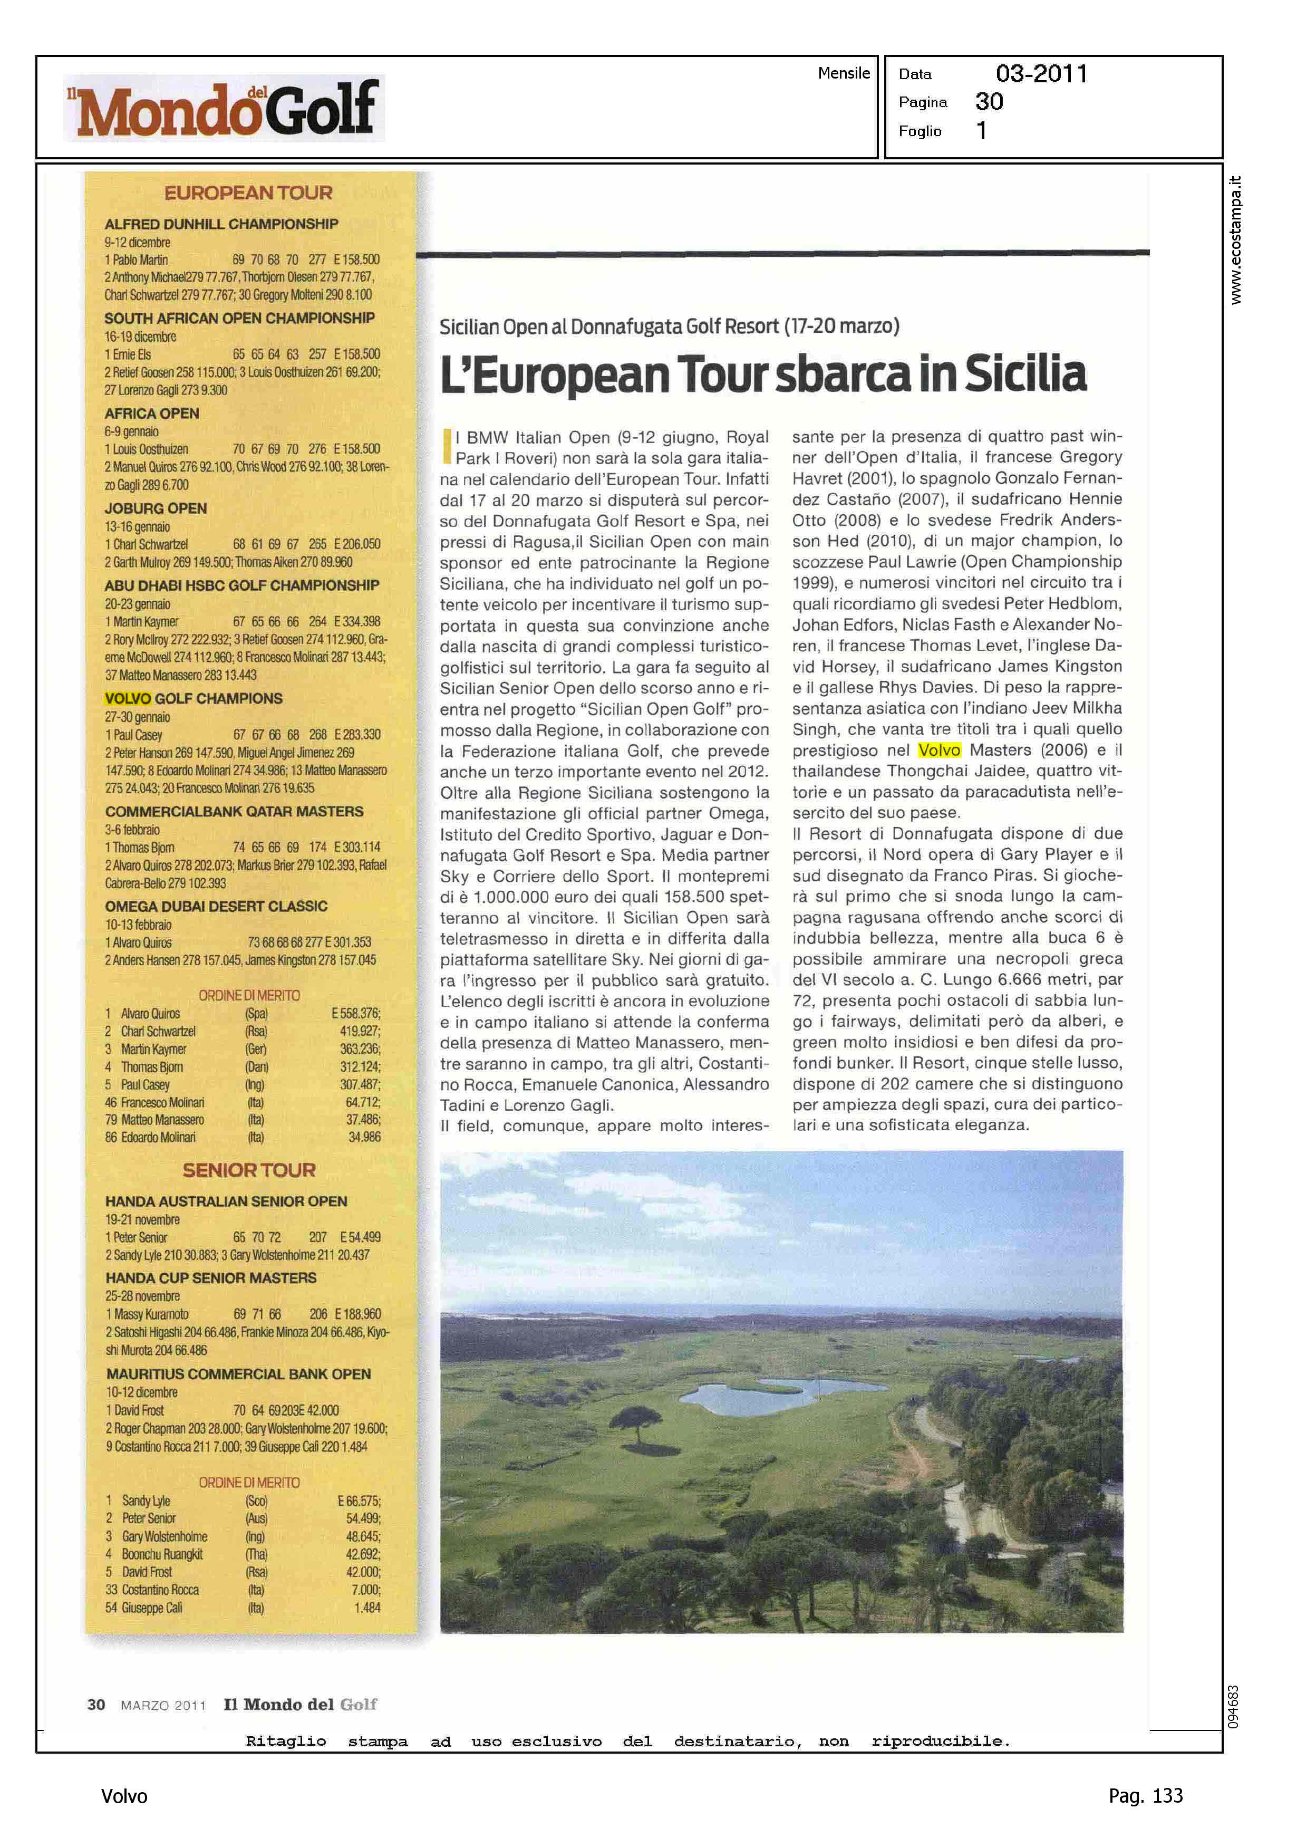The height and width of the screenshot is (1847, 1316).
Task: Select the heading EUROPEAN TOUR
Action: (x=248, y=193)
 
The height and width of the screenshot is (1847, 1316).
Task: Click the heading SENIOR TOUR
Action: (x=249, y=1169)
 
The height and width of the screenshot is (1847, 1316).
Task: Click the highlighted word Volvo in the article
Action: (x=939, y=749)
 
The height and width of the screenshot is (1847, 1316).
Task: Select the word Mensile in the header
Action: (x=844, y=73)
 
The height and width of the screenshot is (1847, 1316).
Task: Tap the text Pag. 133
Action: (x=1145, y=1796)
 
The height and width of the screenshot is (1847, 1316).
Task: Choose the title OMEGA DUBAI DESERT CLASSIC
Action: (x=216, y=906)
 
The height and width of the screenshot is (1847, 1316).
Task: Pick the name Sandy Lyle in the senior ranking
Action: (x=146, y=1500)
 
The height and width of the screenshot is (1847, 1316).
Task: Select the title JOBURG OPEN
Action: (x=156, y=508)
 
